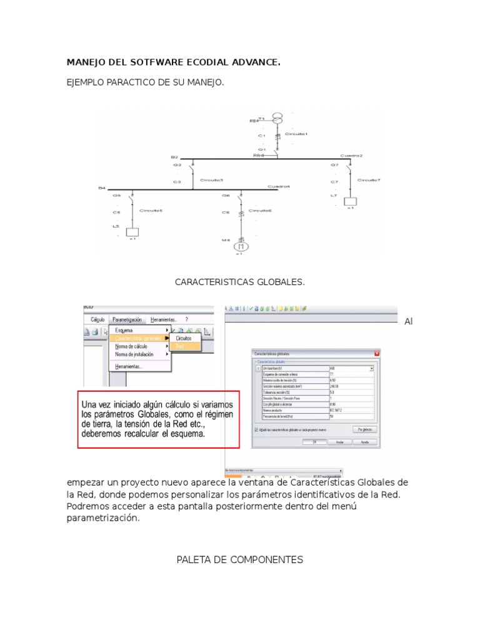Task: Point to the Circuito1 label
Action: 296,134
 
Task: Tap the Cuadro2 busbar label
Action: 351,155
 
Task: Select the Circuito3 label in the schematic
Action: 211,180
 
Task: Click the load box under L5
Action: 132,231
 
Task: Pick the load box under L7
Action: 350,201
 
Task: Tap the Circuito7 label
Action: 369,180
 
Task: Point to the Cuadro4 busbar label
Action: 279,186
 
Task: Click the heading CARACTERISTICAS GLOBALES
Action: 240,282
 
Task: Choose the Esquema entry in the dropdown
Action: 124,330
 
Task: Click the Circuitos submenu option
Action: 184,337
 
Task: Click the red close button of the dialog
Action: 377,354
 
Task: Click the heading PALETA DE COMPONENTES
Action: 240,559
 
